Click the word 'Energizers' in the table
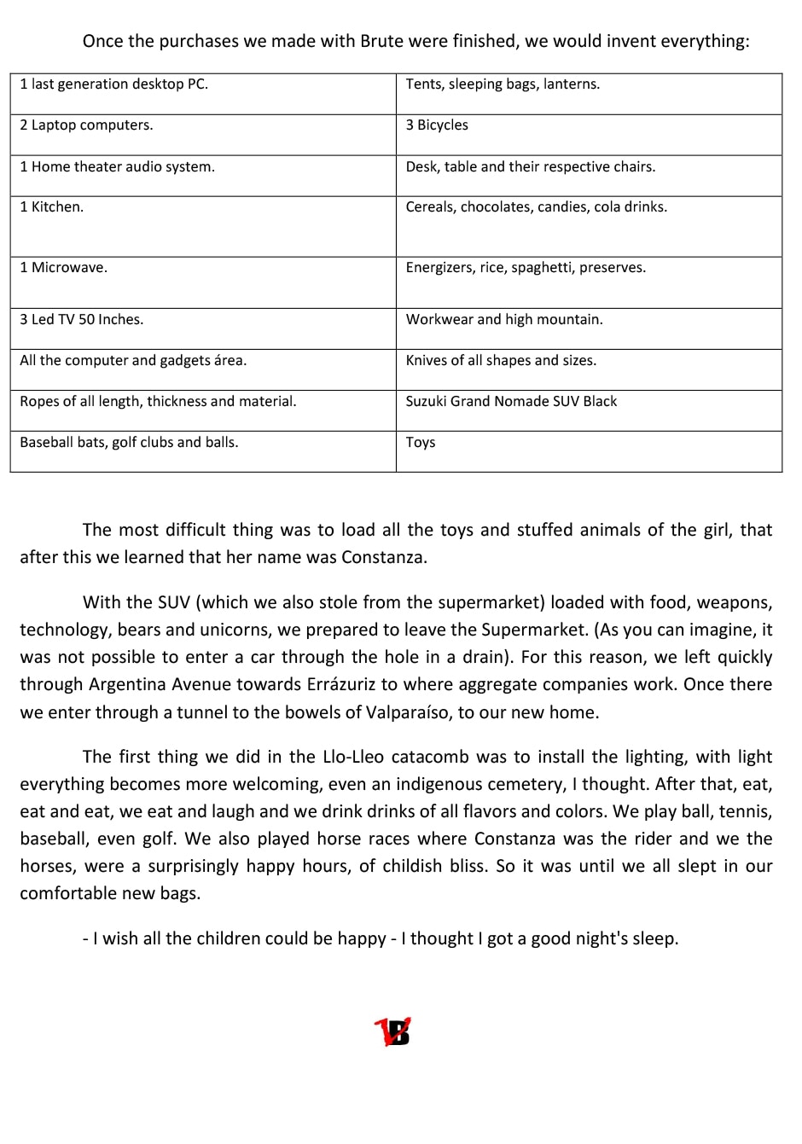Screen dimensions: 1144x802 [439, 268]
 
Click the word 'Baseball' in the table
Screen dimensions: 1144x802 [46, 443]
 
